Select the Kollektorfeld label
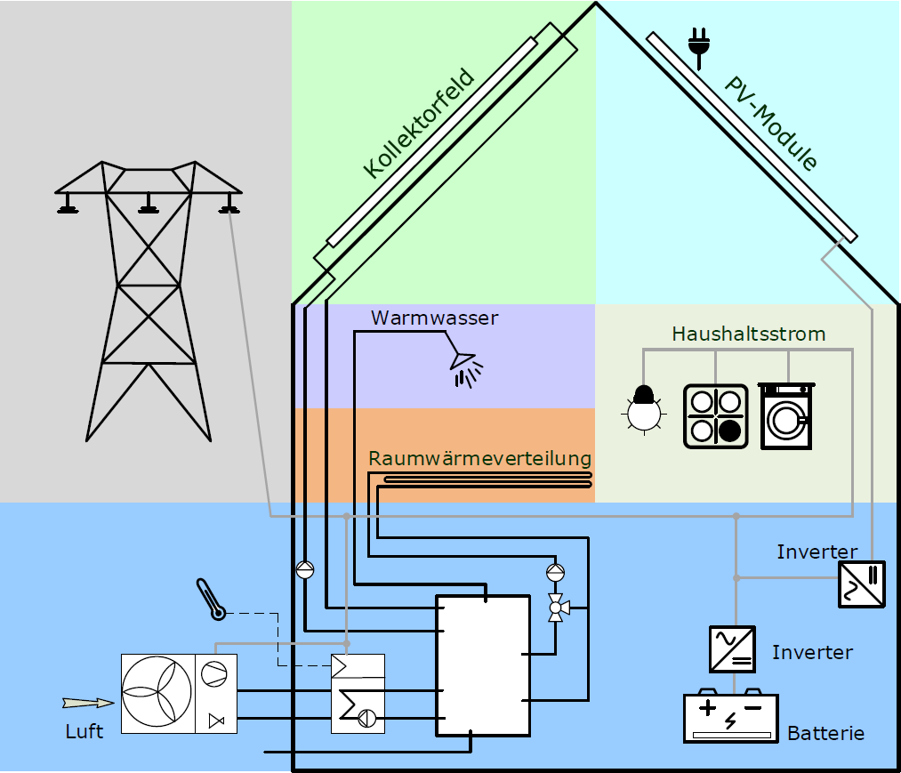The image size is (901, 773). tap(419, 125)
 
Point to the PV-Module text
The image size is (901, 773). tap(770, 124)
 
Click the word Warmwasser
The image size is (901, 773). tap(435, 318)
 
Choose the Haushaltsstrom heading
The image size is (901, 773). tap(749, 334)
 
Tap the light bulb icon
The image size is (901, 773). tap(643, 409)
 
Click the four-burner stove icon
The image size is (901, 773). tap(715, 415)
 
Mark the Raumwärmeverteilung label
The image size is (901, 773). tap(480, 459)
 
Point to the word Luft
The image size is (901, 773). tap(84, 732)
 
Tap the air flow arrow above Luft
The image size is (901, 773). tap(88, 703)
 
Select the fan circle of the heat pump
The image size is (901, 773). tap(157, 694)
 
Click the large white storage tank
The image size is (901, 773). tap(482, 665)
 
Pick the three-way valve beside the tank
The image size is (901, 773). tap(557, 608)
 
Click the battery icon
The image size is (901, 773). tap(730, 717)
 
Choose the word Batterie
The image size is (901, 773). tap(826, 734)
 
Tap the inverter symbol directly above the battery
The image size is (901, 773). tap(733, 649)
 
